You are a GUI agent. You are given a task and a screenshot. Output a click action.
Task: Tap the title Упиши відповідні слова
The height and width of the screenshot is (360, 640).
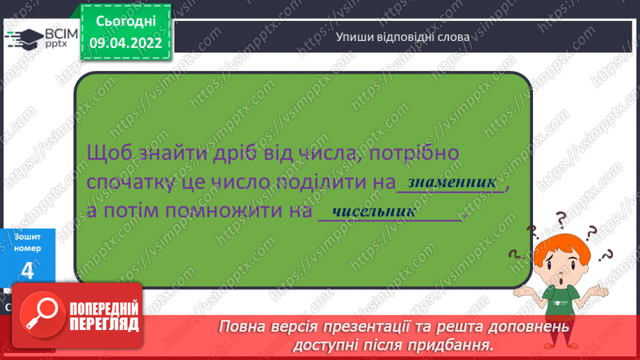402,36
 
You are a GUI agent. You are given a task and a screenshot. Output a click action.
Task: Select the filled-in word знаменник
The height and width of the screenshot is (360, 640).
452,182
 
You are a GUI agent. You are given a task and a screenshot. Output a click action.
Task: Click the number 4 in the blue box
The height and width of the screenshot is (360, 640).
27,270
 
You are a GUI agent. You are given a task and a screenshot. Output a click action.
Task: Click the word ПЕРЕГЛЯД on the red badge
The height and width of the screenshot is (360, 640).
104,324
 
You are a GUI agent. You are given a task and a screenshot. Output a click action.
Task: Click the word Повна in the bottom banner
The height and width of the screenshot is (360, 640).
242,326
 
